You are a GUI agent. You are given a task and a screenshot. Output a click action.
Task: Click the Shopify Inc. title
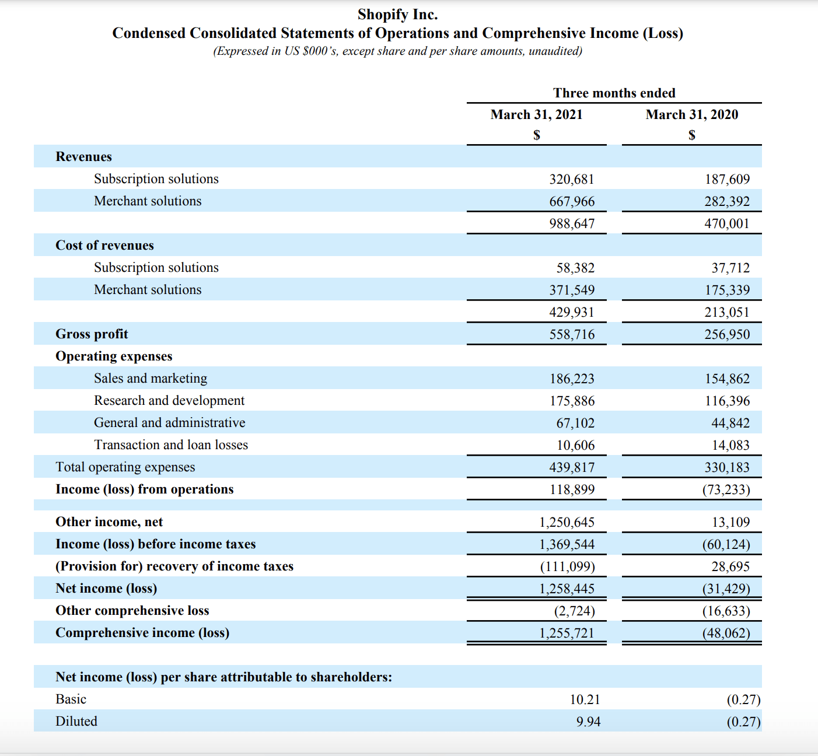[397, 15]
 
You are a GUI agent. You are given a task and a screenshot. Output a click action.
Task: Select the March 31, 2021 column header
[536, 115]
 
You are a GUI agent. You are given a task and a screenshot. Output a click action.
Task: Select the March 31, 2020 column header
[691, 115]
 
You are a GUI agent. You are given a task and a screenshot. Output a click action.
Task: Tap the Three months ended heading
[614, 93]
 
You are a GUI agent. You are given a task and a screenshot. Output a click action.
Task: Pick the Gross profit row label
[92, 334]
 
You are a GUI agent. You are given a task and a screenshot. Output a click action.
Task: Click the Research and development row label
[169, 401]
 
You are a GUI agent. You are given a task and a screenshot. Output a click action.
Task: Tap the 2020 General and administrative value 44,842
[730, 423]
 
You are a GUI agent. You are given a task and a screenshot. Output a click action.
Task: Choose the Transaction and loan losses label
[171, 445]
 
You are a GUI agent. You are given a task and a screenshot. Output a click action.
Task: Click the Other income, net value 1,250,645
[567, 523]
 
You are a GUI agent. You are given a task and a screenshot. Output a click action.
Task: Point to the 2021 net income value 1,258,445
[567, 589]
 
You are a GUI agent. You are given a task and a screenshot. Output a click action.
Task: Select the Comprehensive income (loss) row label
[142, 633]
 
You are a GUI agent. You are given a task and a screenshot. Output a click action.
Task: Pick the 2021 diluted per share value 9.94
[588, 722]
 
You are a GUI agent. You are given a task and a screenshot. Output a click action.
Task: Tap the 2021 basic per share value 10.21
[585, 700]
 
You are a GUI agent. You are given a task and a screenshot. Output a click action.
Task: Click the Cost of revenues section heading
[104, 246]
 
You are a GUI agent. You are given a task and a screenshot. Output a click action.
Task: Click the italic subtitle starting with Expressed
[397, 51]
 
